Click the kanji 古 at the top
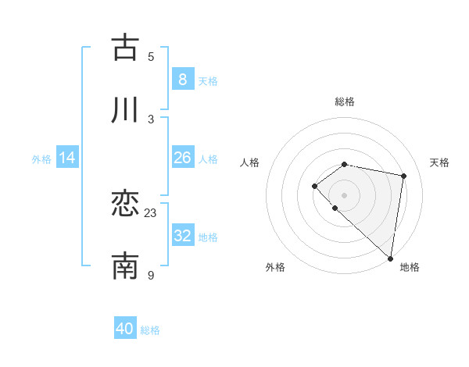[x=125, y=48]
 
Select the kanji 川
[x=125, y=110]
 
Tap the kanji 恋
[x=125, y=205]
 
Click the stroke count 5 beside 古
[x=151, y=56]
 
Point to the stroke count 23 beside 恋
[x=151, y=212]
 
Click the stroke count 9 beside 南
[x=151, y=275]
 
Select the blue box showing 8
[x=182, y=80]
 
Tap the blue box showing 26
[x=182, y=158]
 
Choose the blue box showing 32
[x=182, y=236]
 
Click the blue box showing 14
[x=67, y=158]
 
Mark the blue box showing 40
[x=125, y=329]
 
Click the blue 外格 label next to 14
[x=41, y=159]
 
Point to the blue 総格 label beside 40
[x=150, y=330]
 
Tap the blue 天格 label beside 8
[x=207, y=80]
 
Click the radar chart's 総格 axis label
[x=345, y=102]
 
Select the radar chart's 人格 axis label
[x=250, y=162]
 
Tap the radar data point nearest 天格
[x=403, y=176]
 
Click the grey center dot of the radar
[x=345, y=194]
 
